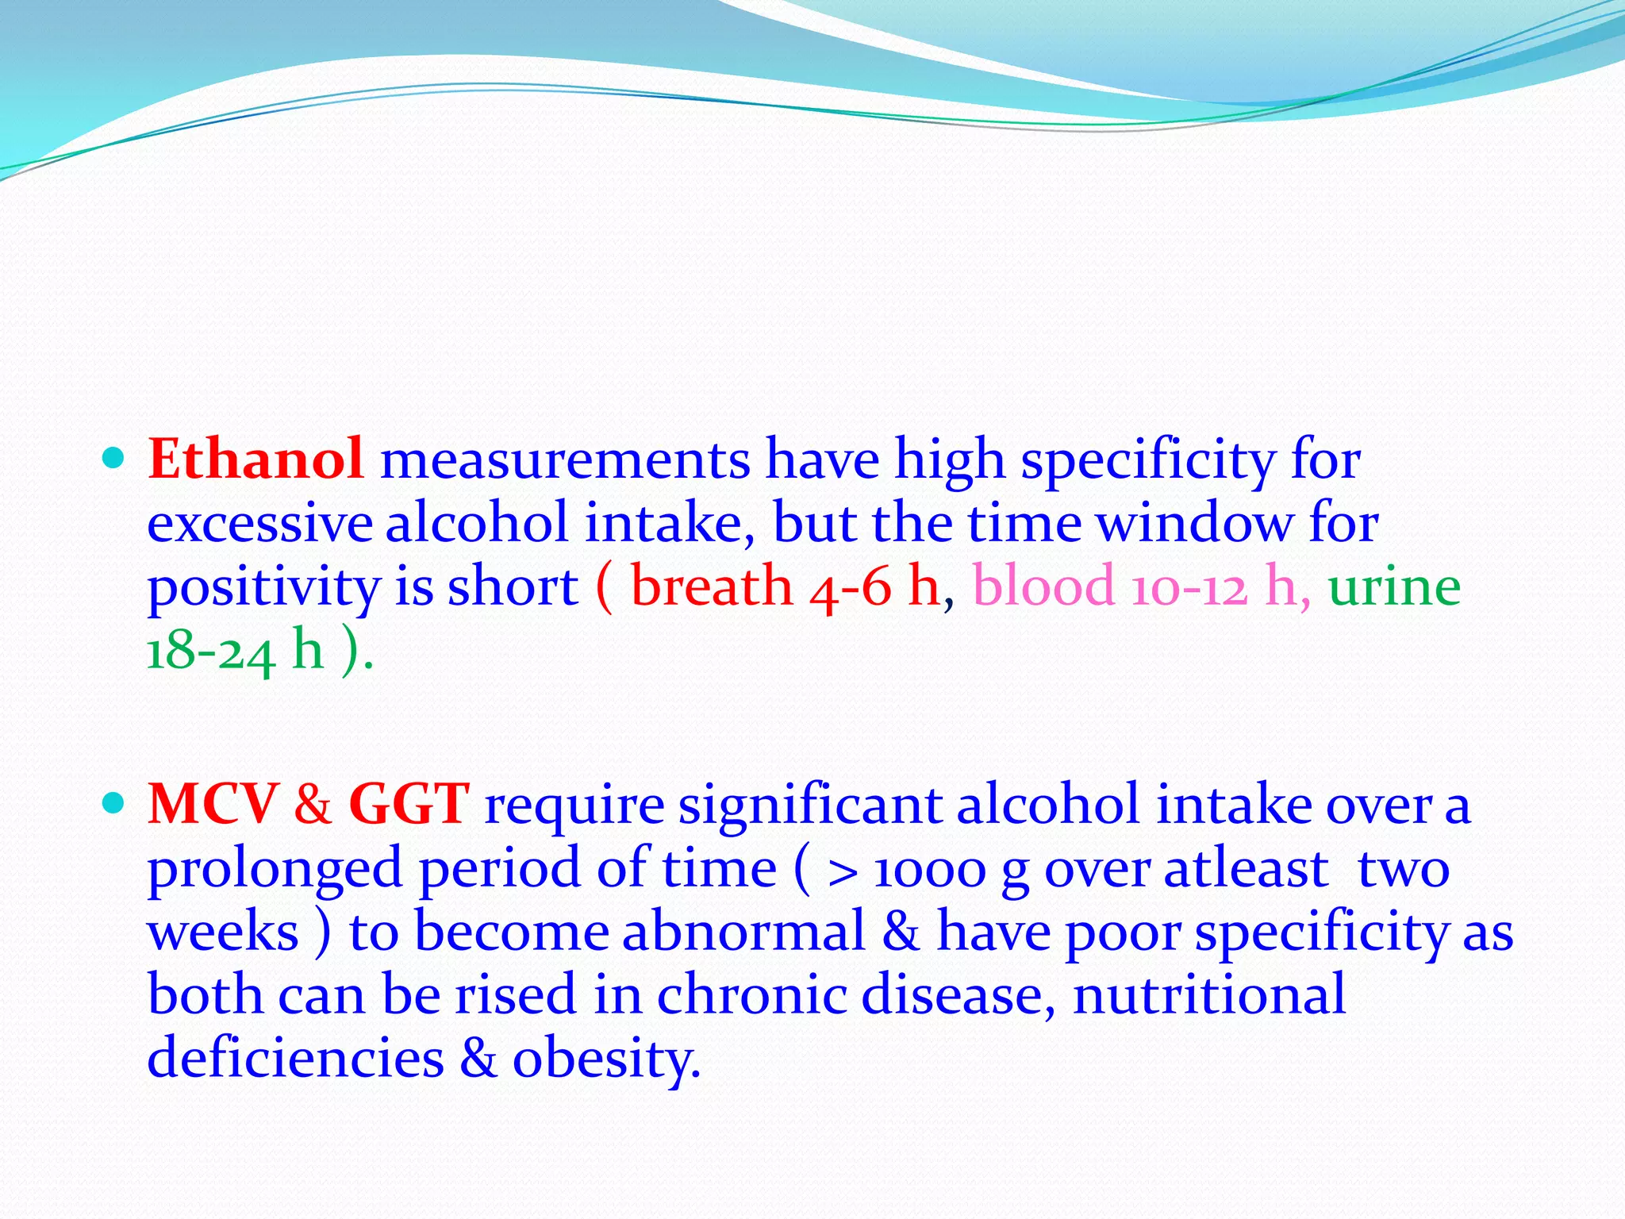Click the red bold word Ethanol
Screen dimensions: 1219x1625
point(255,460)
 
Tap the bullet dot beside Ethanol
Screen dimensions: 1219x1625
point(114,458)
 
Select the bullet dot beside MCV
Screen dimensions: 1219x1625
point(114,803)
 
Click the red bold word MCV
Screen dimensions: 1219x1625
point(213,805)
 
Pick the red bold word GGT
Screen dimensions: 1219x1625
point(409,805)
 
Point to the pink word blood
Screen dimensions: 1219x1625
point(1043,587)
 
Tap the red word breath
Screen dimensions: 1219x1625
point(712,587)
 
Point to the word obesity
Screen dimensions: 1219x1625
point(606,1060)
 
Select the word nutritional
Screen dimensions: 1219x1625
point(1209,995)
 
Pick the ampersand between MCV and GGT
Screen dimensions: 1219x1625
point(313,805)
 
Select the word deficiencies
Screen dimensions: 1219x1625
point(295,1059)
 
